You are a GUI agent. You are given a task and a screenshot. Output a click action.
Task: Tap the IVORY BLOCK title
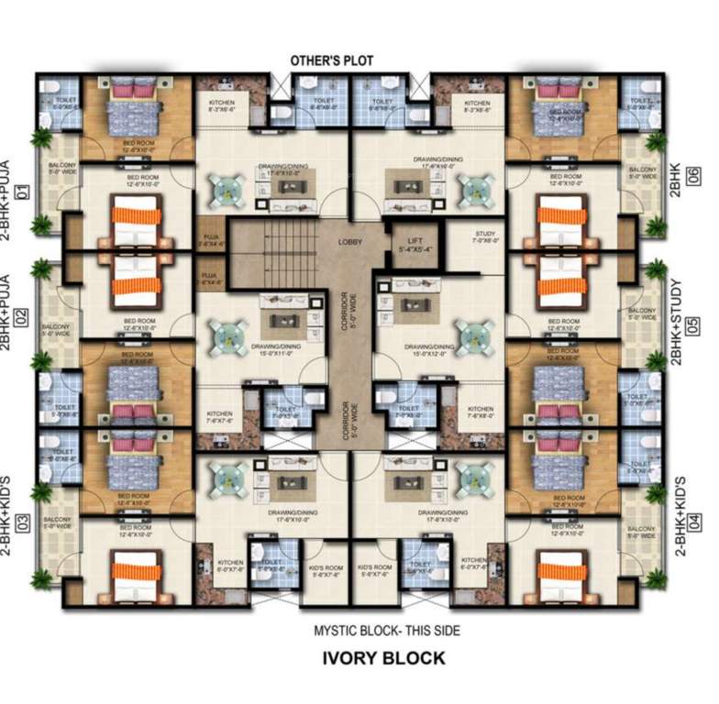(x=383, y=657)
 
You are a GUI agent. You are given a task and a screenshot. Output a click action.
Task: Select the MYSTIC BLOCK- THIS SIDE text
(x=385, y=631)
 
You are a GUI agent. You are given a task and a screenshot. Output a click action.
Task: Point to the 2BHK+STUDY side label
(x=676, y=323)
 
